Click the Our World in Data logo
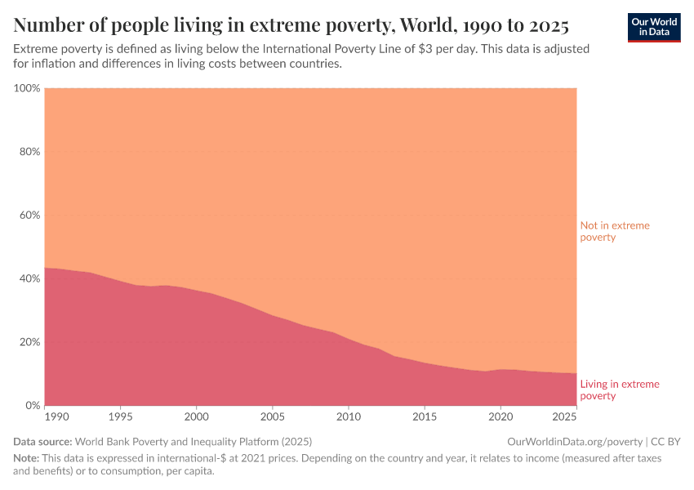[653, 27]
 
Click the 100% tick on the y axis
[27, 88]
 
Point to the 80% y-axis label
[29, 152]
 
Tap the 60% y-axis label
[29, 216]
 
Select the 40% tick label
[29, 278]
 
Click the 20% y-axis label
[29, 342]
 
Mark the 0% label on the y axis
[33, 405]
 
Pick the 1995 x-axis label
[121, 417]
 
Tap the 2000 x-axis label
[197, 417]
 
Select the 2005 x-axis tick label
[273, 417]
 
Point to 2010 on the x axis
[349, 417]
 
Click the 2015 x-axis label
[425, 417]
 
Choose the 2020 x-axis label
[500, 417]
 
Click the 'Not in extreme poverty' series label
[614, 231]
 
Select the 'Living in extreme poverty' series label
[619, 390]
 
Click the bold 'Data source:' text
[43, 441]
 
